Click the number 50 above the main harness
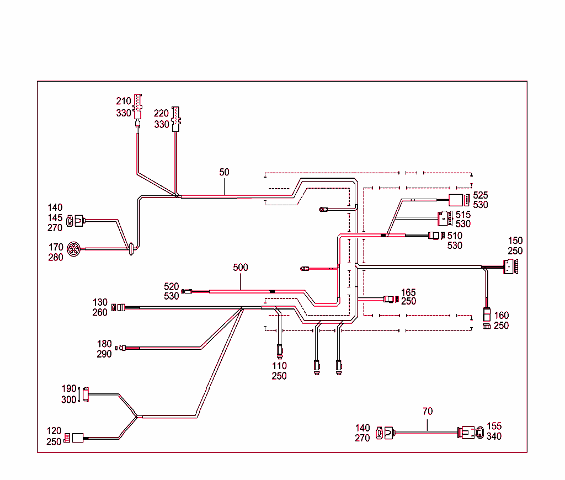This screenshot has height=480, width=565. coord(224,172)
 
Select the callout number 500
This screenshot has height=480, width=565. coord(241,268)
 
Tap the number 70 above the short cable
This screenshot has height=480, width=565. coord(428,411)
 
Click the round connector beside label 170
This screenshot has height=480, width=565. coord(73,250)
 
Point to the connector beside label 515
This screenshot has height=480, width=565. coord(445,219)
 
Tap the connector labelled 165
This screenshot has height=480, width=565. coord(390,300)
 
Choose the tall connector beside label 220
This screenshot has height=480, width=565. coord(175,119)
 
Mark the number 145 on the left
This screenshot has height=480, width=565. coord(55,217)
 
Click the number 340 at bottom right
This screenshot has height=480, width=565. coord(494,436)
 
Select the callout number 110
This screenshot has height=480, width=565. coord(279,366)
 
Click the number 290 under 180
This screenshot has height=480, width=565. coord(104,354)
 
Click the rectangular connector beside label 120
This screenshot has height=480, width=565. coord(78,438)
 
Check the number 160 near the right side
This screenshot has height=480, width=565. coord(502,316)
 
